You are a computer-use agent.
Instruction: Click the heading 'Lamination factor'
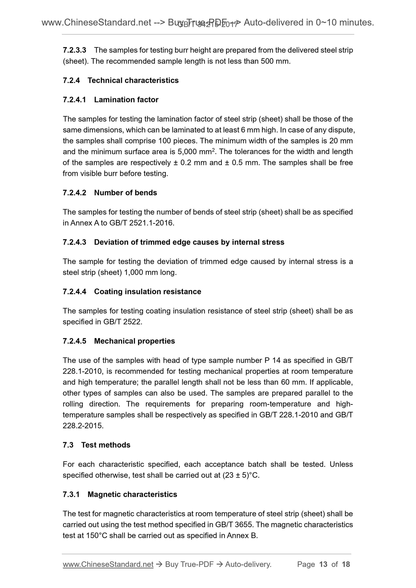(x=126, y=100)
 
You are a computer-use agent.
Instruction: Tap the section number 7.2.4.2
(x=74, y=193)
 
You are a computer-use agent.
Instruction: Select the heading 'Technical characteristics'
(x=133, y=80)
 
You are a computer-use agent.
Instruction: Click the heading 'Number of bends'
(x=126, y=193)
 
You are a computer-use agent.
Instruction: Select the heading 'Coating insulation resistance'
(x=147, y=292)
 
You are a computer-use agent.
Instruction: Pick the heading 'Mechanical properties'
(x=134, y=341)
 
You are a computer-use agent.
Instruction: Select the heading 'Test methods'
(x=106, y=445)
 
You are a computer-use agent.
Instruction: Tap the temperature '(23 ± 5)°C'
(x=241, y=475)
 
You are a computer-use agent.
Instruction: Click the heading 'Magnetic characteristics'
(x=132, y=495)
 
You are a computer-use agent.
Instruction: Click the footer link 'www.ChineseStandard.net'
(x=108, y=565)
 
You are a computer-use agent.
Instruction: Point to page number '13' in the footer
(x=323, y=565)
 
